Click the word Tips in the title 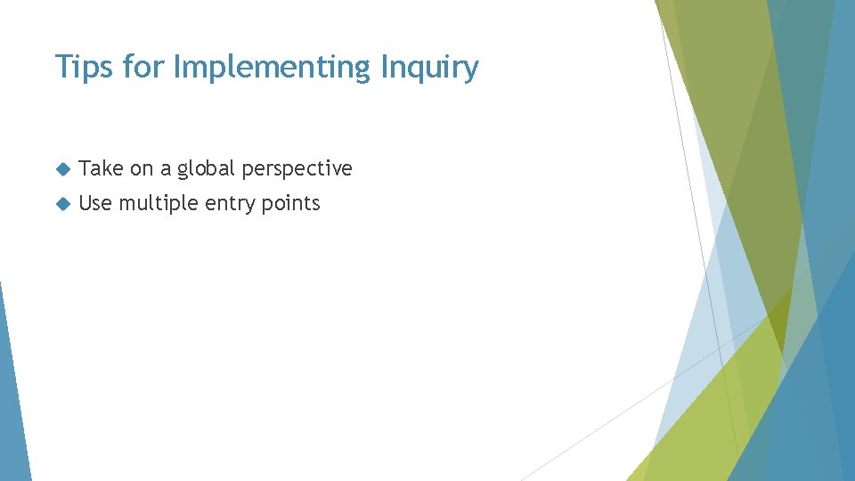(83, 67)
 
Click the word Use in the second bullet (95, 203)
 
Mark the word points (290, 204)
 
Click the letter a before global (166, 169)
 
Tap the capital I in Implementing (177, 67)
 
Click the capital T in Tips (62, 67)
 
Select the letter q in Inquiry (418, 70)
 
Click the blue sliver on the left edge (12, 401)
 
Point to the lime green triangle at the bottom (712, 419)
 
